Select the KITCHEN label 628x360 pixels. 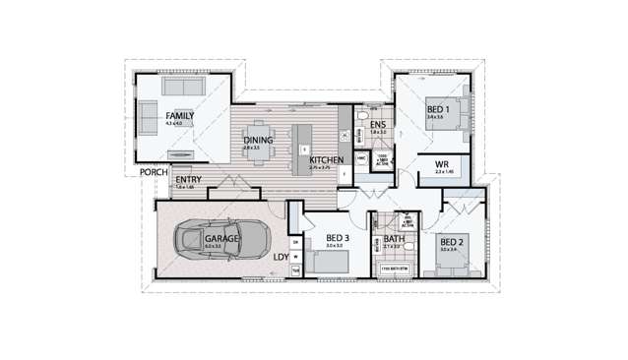coord(325,159)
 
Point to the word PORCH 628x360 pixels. coord(154,171)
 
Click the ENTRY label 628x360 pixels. coord(189,180)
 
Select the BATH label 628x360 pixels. coord(394,238)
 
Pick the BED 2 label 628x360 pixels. coord(451,242)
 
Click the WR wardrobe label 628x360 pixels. coord(443,164)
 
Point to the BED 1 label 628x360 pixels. coord(438,109)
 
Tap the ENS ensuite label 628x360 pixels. coord(379,124)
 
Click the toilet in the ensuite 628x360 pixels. coord(362,118)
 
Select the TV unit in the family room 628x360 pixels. coord(181,153)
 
